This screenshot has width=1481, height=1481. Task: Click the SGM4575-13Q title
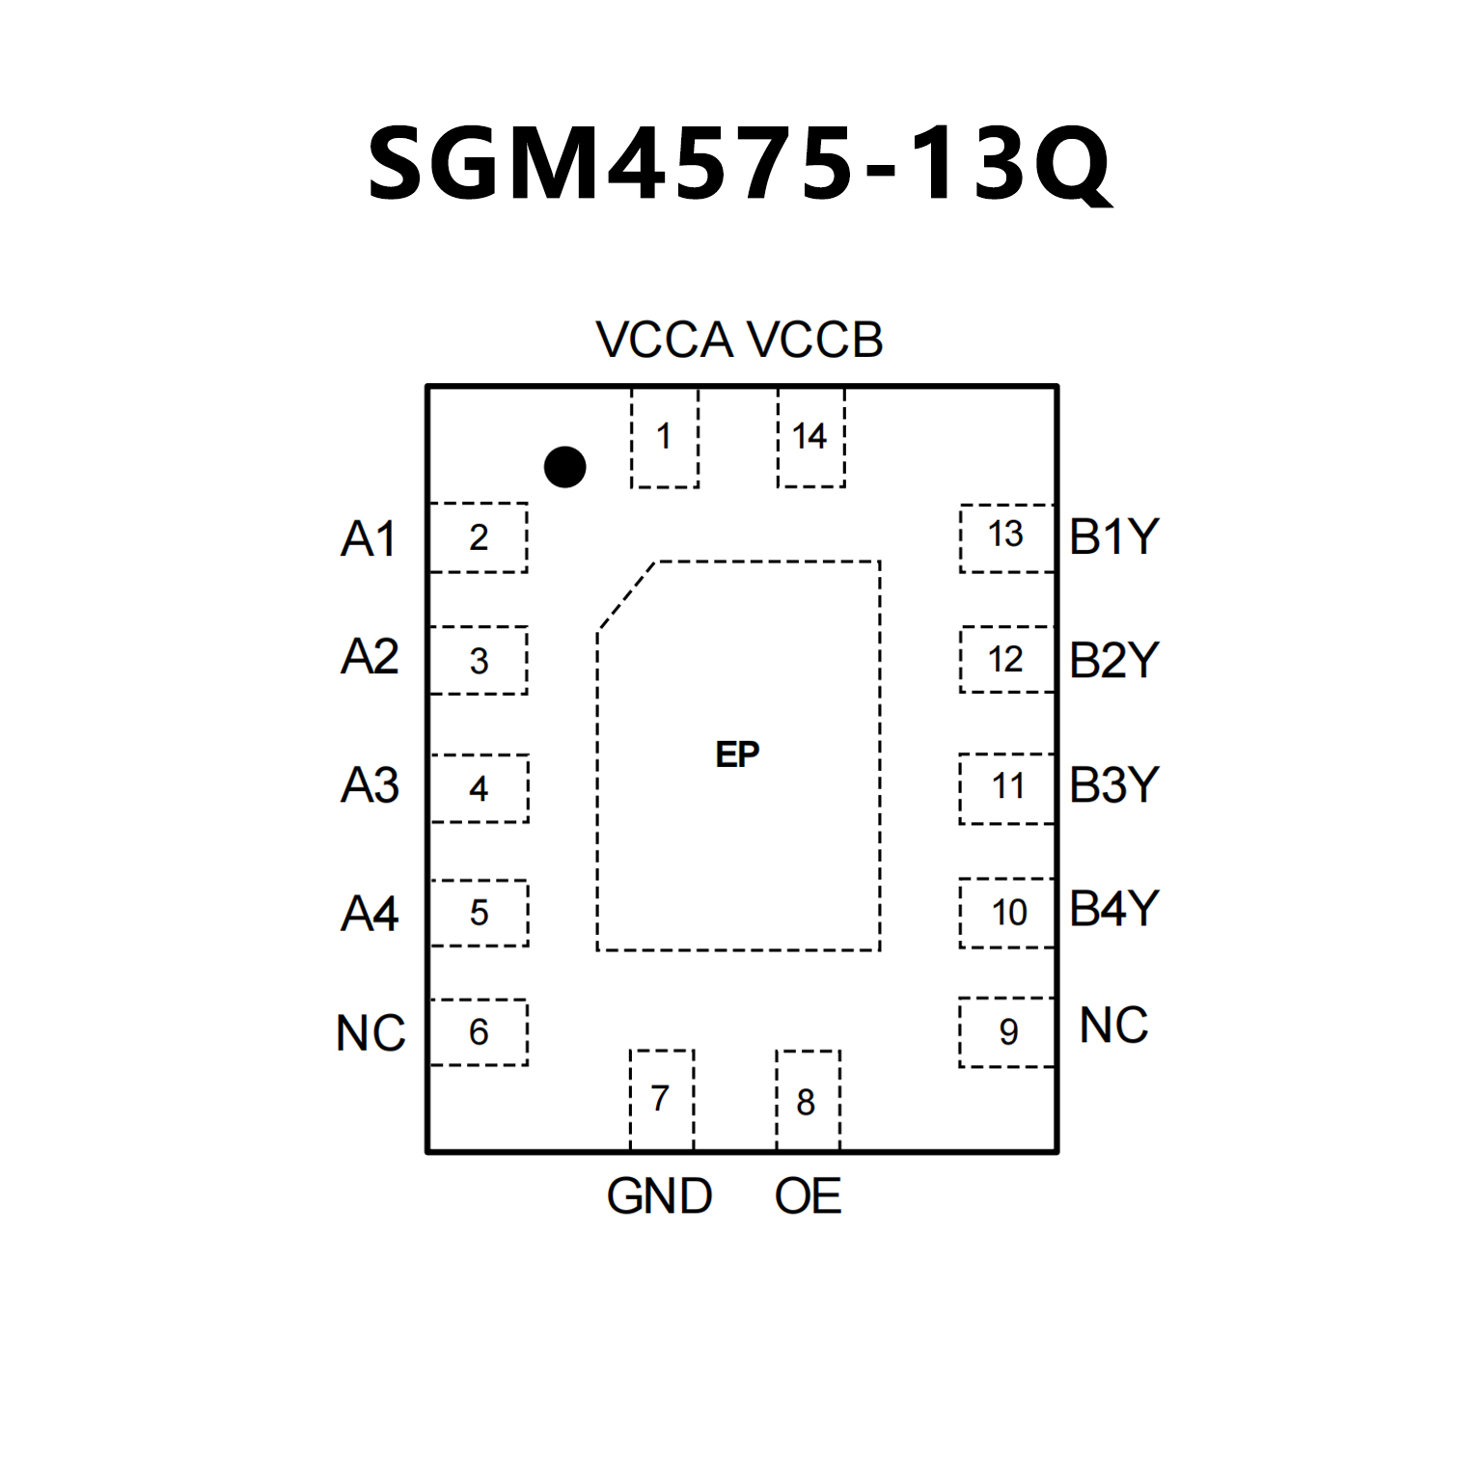(740, 164)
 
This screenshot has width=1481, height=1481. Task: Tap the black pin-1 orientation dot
(564, 467)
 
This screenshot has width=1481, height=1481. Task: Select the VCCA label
(664, 341)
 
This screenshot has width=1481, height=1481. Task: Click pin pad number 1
(664, 437)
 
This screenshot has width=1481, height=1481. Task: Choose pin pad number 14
(809, 437)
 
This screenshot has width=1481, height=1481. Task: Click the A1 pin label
(369, 538)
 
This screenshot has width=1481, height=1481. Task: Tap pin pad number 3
(479, 661)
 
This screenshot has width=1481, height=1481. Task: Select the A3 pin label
(370, 785)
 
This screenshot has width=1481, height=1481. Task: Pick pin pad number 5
(480, 913)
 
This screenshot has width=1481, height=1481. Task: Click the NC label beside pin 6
(370, 1033)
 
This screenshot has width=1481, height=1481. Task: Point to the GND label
(659, 1196)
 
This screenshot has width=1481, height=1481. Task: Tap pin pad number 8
(807, 1102)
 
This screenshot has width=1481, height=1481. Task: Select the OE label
(808, 1196)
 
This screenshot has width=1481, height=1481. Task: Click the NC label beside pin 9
(1113, 1026)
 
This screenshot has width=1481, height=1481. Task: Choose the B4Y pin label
(1113, 909)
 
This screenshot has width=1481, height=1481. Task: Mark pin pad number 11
(1007, 787)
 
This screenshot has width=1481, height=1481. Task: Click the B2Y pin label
(1113, 661)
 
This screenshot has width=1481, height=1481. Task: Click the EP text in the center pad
(738, 754)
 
